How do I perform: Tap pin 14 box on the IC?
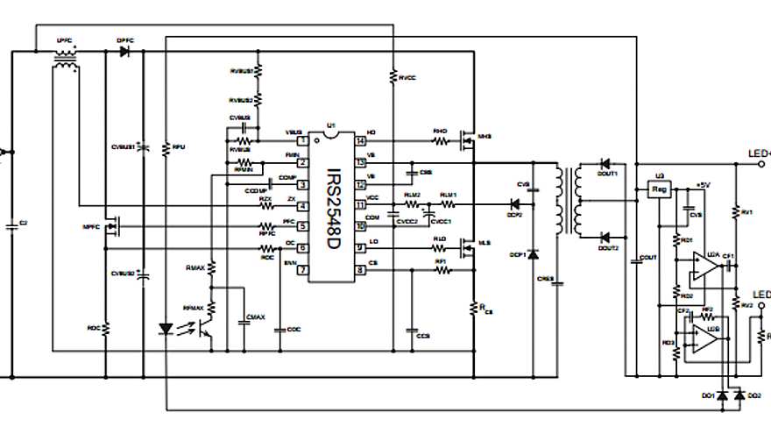tap(359, 141)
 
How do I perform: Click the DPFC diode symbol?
tap(124, 52)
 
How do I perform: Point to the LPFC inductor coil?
tap(63, 53)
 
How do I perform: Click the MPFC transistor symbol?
tap(111, 228)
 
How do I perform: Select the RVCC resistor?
tap(393, 77)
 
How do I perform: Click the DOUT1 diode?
tap(605, 163)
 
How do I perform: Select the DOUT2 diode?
tap(605, 238)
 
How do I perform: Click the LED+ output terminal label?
tap(758, 153)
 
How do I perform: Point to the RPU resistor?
tap(166, 148)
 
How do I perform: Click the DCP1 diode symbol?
tap(534, 254)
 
